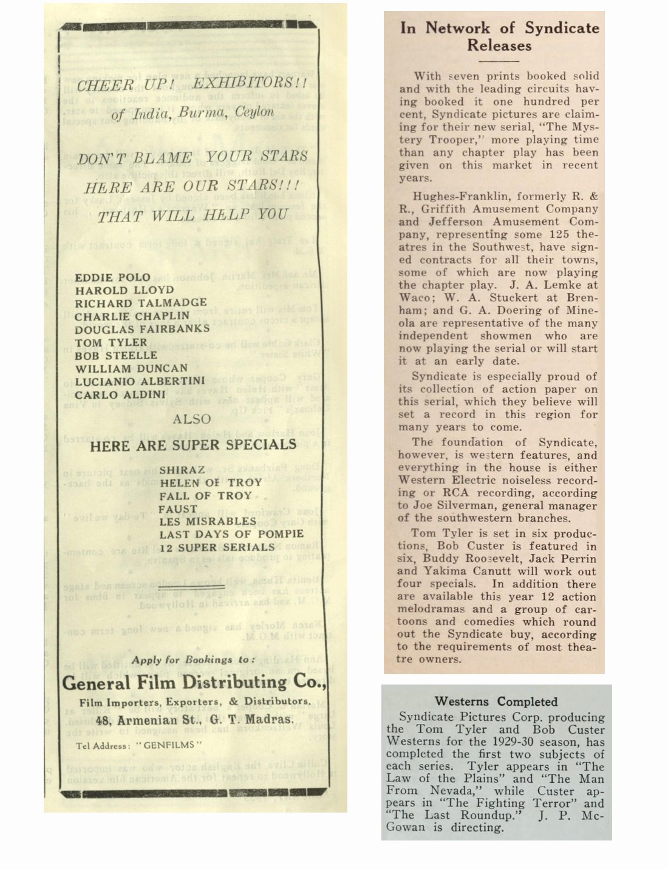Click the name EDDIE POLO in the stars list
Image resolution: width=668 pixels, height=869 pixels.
pyautogui.click(x=112, y=277)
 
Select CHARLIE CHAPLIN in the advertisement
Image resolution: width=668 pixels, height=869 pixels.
pyautogui.click(x=132, y=316)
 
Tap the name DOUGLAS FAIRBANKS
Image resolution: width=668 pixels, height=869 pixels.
pyautogui.click(x=142, y=329)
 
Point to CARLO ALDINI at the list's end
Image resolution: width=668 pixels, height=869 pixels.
pyautogui.click(x=120, y=394)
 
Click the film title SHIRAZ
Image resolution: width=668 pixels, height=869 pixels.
pyautogui.click(x=182, y=470)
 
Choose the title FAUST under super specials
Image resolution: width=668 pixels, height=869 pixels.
pyautogui.click(x=178, y=509)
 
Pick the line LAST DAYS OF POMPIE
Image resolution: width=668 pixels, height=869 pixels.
pyautogui.click(x=231, y=534)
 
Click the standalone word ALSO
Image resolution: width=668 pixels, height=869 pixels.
pyautogui.click(x=192, y=419)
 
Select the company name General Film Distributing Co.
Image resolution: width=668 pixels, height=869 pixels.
pyautogui.click(x=194, y=682)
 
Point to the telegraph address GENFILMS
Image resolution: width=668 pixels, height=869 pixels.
pyautogui.click(x=168, y=745)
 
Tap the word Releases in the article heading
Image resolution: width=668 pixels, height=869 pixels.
pyautogui.click(x=499, y=46)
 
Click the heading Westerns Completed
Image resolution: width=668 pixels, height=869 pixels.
pyautogui.click(x=496, y=702)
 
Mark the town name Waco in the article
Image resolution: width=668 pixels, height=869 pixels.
pyautogui.click(x=415, y=298)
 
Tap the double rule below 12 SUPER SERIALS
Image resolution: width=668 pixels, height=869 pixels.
pyautogui.click(x=192, y=587)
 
